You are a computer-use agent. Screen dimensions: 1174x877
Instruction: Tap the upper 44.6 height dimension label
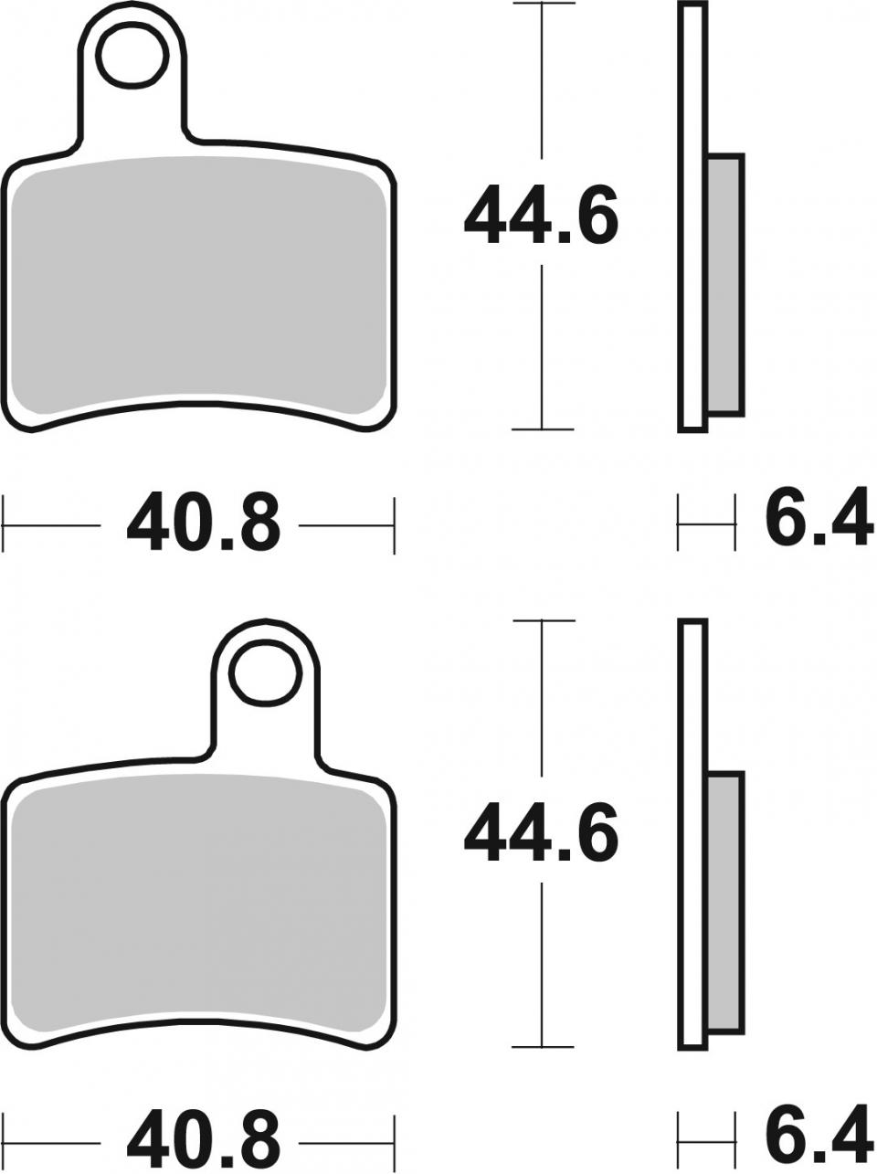[541, 216]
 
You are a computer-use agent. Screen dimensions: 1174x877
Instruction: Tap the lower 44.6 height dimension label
[541, 834]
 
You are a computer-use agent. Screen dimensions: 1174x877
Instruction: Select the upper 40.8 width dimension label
[202, 524]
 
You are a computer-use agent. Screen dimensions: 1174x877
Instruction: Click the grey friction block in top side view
[725, 283]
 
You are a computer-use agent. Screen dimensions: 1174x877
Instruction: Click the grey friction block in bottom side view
[725, 901]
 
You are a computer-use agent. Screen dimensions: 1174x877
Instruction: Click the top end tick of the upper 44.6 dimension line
[543, 4]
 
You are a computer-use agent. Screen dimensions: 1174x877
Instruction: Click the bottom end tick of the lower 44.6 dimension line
[543, 1047]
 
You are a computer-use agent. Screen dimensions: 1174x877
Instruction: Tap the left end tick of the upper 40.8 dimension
[5, 524]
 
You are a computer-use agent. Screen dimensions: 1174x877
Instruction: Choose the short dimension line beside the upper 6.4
[705, 524]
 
